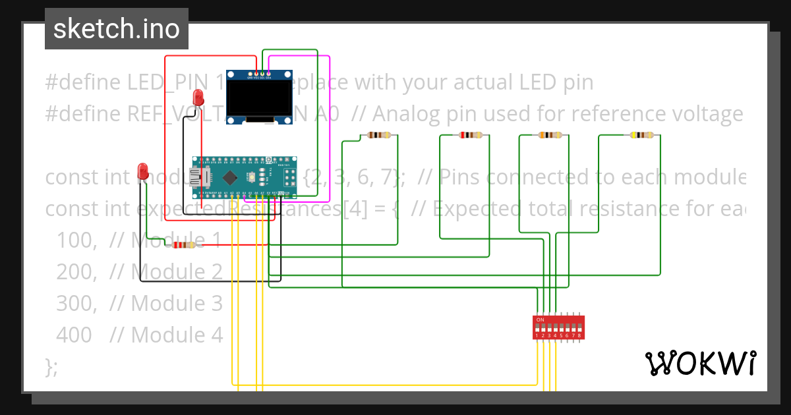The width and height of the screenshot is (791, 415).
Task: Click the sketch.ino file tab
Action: tap(116, 29)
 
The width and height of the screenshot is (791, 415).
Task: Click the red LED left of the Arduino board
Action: tap(142, 171)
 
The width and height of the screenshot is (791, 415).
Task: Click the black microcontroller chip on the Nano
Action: tap(230, 177)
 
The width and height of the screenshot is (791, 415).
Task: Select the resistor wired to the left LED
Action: tap(184, 245)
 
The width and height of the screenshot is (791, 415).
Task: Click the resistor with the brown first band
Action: tap(379, 135)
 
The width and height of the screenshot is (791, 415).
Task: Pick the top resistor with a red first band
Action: tap(471, 135)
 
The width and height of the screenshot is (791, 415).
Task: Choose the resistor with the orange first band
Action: tap(551, 135)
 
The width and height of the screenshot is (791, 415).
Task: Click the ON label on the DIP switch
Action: tap(541, 320)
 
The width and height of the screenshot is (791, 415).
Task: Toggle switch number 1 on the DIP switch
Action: tap(538, 327)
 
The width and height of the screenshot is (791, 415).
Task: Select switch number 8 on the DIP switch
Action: tap(579, 327)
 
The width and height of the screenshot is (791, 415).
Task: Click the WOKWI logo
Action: tap(700, 363)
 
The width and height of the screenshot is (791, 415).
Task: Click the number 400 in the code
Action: tap(74, 335)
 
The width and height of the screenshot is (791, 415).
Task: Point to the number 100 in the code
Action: tap(74, 240)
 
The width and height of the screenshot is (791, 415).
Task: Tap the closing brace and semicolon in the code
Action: tap(51, 366)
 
